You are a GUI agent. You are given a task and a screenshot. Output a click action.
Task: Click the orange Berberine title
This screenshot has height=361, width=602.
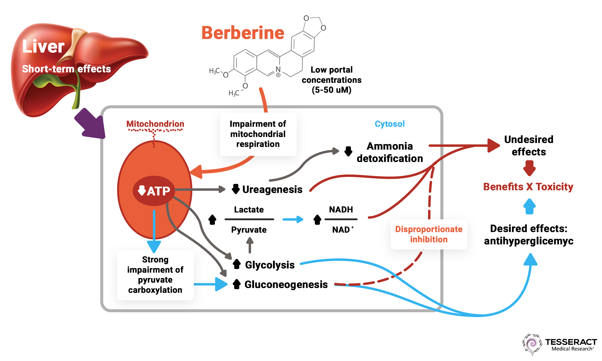243,33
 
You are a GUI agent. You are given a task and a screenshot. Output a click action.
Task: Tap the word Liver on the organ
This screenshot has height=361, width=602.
43,46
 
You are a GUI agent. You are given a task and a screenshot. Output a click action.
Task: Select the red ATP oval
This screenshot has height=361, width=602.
154,191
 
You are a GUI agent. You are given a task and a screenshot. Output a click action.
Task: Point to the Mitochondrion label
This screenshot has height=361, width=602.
155,124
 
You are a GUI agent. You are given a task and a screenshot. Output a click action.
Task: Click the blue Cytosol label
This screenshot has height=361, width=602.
389,124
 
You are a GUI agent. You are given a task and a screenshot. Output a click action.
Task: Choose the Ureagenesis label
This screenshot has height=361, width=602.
272,189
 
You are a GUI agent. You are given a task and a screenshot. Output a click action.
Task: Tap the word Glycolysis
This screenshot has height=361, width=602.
270,265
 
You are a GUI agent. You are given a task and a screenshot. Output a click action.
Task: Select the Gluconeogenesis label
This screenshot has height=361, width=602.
286,284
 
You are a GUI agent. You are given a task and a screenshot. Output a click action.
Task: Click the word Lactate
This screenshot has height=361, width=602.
249,209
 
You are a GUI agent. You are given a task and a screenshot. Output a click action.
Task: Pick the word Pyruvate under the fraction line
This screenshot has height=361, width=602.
249,230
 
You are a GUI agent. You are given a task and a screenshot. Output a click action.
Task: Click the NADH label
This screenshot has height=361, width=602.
341,209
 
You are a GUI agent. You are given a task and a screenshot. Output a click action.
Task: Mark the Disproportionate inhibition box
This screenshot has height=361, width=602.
429,234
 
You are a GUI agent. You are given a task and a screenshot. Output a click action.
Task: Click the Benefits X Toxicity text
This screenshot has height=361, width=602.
528,187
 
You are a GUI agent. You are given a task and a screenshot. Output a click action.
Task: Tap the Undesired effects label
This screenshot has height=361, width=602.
529,146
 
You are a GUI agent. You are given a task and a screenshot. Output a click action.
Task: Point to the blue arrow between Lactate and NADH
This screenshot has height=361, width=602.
293,219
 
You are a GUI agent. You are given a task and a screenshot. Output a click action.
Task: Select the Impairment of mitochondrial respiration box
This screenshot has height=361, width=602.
258,134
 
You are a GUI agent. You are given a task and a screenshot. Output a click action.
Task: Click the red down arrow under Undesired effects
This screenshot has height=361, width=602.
529,168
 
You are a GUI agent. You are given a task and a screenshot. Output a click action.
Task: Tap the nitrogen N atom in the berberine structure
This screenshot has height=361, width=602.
278,69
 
